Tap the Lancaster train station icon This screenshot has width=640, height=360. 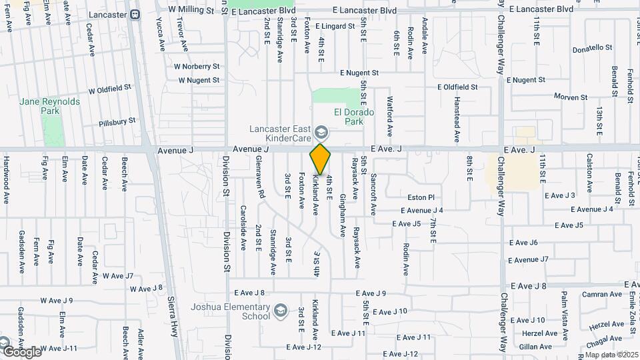[x=135, y=13]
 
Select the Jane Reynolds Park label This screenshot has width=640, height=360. [x=49, y=106]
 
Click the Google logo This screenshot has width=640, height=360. [x=21, y=351]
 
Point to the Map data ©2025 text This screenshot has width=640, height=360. [x=611, y=355]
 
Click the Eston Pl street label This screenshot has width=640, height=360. [x=421, y=197]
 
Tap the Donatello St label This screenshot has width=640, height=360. [x=592, y=48]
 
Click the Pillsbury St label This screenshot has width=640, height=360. [x=117, y=121]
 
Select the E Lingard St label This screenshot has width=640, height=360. [x=335, y=26]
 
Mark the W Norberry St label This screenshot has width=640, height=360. [x=197, y=67]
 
